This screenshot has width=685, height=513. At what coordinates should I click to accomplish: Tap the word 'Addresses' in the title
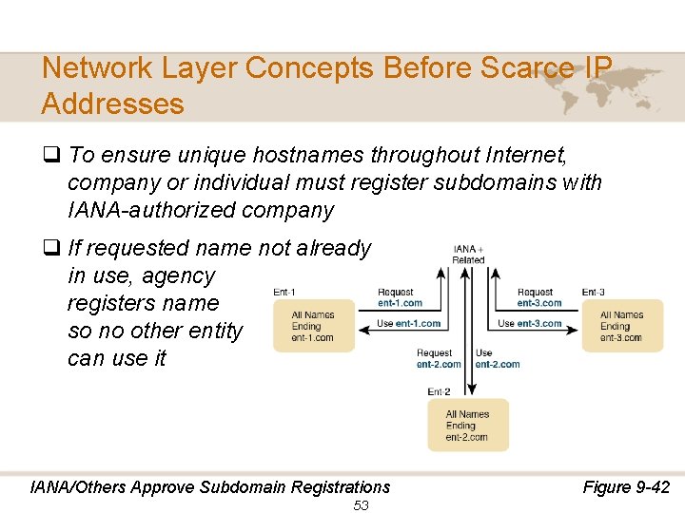[113, 103]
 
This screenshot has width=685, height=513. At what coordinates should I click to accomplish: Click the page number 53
[361, 505]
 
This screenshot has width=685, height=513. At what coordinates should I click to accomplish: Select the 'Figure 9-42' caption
[626, 487]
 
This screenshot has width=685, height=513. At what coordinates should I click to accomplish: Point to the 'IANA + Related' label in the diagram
[468, 254]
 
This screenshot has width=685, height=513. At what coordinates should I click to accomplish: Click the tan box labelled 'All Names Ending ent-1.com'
[313, 326]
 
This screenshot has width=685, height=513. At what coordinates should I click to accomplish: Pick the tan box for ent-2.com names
[467, 426]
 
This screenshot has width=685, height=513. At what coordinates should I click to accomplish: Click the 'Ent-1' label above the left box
[284, 292]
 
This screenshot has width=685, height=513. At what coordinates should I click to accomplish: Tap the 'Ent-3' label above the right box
[593, 292]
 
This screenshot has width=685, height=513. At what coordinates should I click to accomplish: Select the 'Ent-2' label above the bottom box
[439, 390]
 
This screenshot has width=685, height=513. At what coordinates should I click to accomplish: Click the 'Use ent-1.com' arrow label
[408, 323]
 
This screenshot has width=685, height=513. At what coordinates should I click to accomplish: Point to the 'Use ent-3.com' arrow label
[529, 323]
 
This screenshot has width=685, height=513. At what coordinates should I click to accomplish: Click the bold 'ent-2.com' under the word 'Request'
[439, 364]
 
